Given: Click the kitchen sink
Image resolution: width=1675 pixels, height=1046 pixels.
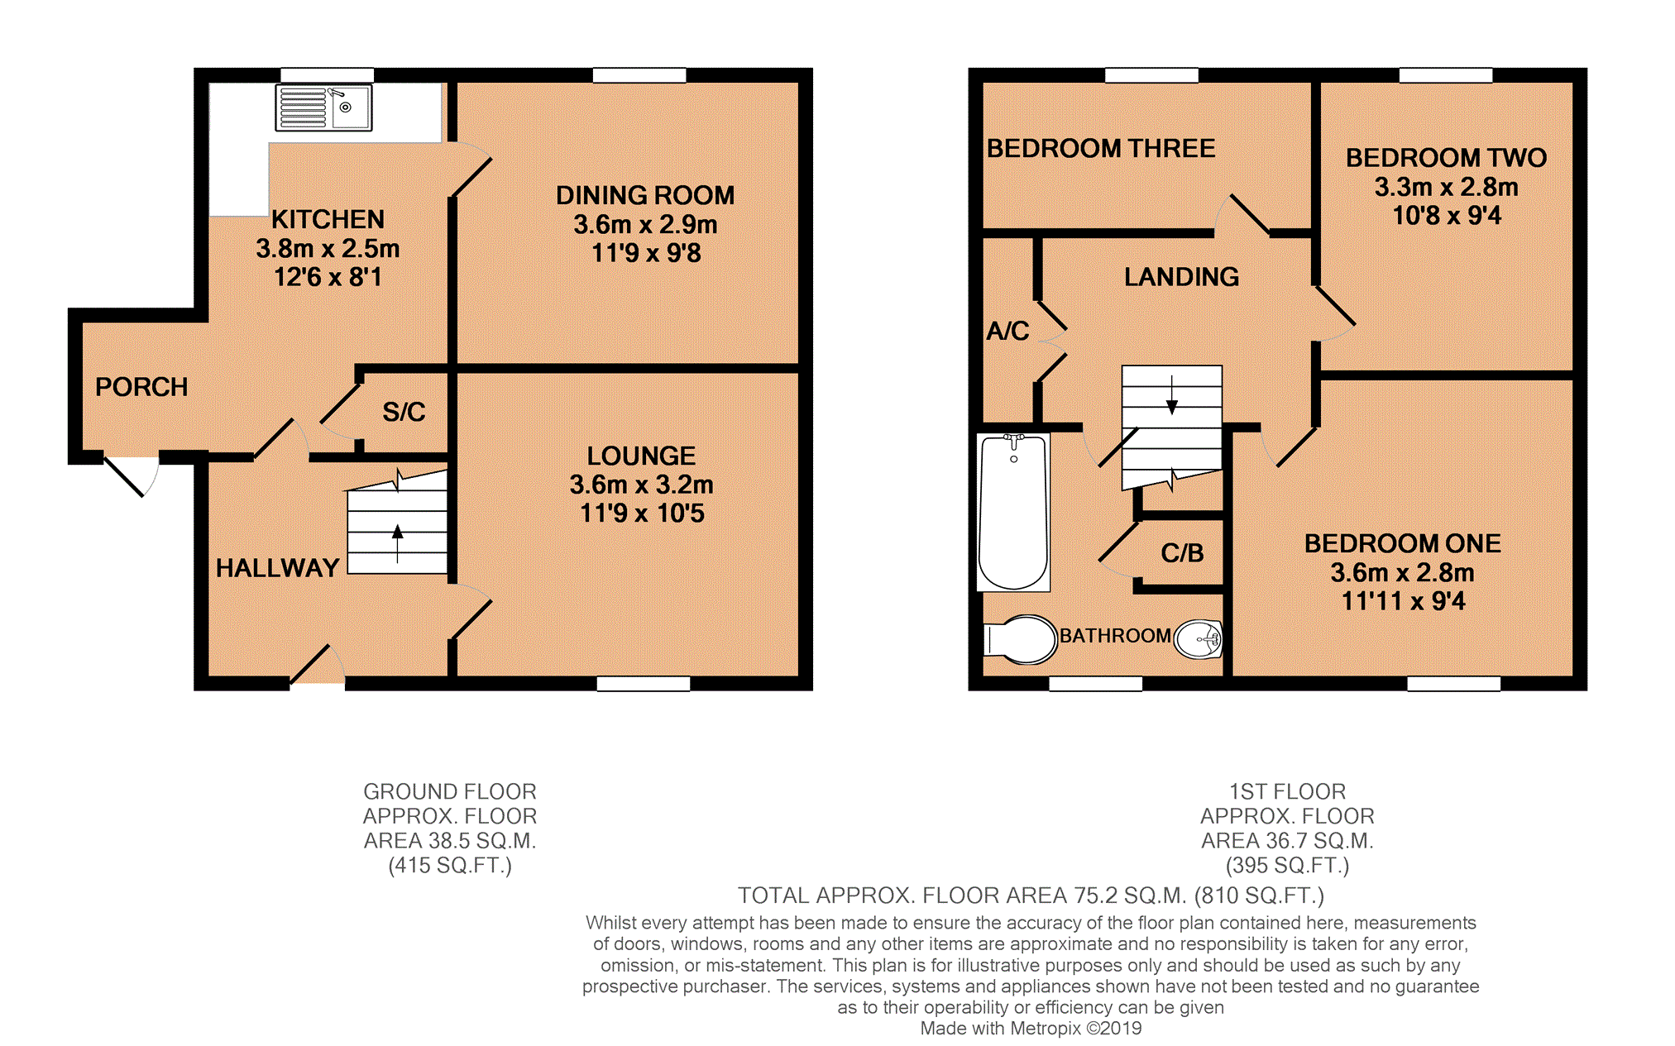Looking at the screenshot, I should [323, 107].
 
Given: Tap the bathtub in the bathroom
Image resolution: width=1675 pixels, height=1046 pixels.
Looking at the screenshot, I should [1013, 512].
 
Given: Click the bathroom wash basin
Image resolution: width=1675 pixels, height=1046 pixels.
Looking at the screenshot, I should [1199, 639].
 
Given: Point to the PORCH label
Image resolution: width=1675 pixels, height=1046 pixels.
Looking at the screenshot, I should [141, 387].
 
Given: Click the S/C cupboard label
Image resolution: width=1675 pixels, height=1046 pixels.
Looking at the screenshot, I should [404, 412].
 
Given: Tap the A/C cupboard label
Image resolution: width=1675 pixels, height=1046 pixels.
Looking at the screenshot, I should [1007, 332].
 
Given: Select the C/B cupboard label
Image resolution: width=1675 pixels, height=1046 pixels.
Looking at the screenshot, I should [1182, 553].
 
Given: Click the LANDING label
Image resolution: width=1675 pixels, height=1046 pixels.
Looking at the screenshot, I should [1181, 277].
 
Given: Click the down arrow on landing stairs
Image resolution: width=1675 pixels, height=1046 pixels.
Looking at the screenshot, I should [1171, 395].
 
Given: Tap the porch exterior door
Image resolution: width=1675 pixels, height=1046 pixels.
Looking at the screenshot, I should [131, 475].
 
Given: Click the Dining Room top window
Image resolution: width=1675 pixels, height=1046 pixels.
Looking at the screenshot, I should [639, 76].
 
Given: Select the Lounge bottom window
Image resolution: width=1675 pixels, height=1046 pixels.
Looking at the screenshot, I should [644, 684].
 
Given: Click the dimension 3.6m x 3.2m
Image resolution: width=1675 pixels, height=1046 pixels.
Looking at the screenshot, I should [641, 485].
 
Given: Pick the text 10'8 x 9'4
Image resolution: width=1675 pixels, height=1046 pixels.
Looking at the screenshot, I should [1446, 216].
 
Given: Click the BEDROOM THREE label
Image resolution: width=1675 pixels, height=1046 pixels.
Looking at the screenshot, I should [1101, 149].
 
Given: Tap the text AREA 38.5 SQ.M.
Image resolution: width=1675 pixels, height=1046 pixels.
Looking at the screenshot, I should [450, 841].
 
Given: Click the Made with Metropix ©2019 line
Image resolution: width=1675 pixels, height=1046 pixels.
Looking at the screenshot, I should [1031, 1029].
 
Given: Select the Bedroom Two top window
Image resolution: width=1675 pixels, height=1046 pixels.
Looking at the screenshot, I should [1445, 76].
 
